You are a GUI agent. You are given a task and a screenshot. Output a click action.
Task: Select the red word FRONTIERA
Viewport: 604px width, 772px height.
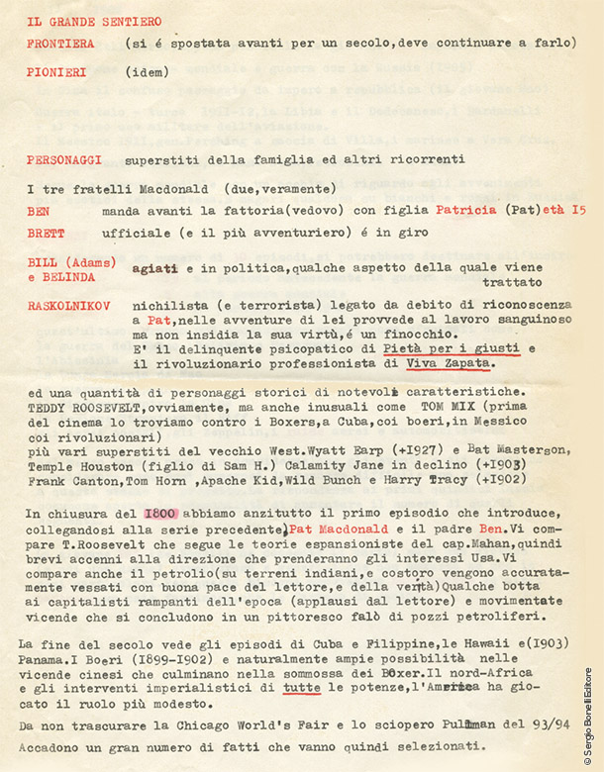click(61, 44)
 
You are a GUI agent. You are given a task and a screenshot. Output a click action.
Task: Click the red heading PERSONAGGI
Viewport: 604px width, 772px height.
click(64, 159)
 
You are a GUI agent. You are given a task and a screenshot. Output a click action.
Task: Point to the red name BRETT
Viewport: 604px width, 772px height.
click(46, 234)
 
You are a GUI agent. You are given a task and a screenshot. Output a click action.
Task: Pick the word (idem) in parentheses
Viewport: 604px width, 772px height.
click(148, 72)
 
